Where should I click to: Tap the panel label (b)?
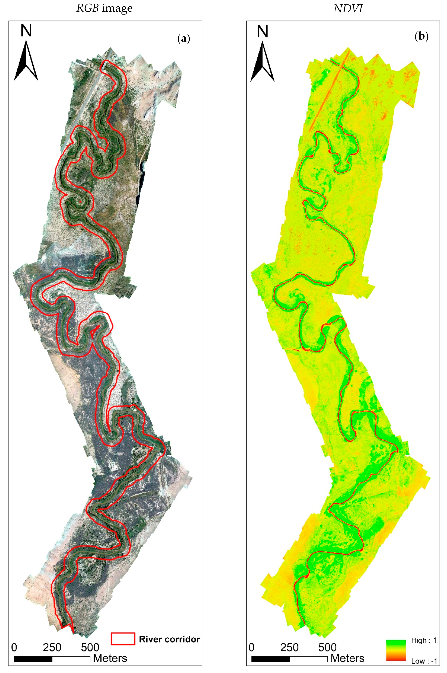421,36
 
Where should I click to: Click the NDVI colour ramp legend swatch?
396,650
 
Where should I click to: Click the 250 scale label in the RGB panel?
52,647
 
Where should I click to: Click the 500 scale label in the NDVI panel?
327,647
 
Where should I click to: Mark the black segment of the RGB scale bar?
33,659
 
